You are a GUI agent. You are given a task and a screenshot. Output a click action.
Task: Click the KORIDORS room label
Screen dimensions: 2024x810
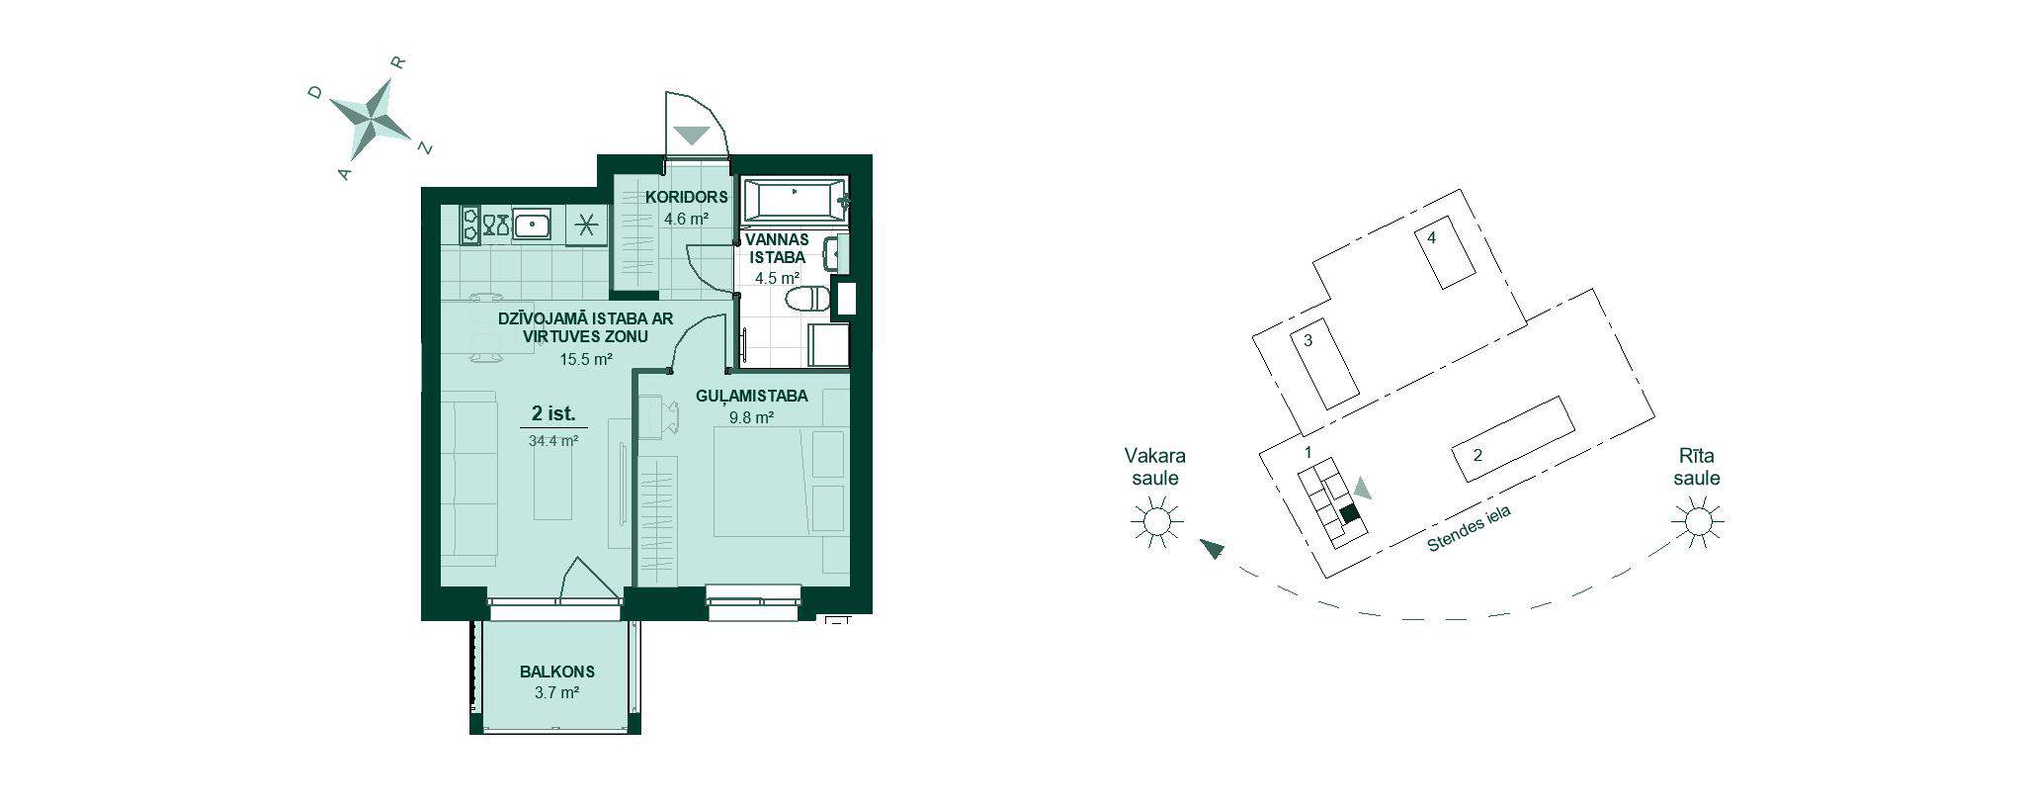click(687, 197)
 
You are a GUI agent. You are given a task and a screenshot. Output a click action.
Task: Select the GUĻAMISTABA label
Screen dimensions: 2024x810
click(752, 396)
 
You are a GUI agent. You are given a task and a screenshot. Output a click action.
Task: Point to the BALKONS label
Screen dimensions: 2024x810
click(557, 672)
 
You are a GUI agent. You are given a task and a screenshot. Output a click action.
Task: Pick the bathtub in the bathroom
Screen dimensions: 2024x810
click(795, 201)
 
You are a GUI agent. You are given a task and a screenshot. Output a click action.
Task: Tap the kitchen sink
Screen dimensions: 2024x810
click(533, 225)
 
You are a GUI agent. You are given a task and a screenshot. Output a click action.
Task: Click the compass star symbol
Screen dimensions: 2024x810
click(370, 117)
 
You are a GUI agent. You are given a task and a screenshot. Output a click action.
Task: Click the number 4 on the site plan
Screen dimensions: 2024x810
click(1431, 237)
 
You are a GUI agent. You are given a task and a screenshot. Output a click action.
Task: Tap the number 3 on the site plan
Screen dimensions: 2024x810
click(1307, 340)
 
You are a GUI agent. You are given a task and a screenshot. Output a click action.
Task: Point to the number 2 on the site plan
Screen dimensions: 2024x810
click(1477, 456)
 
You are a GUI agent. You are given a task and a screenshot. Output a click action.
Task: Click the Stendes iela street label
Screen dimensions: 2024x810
click(1470, 529)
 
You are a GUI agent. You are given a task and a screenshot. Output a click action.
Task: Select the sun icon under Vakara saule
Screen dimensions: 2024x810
click(1155, 521)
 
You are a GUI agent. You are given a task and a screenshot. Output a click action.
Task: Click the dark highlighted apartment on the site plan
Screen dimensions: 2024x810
click(1350, 514)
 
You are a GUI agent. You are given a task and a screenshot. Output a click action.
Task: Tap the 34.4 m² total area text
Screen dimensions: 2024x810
click(553, 441)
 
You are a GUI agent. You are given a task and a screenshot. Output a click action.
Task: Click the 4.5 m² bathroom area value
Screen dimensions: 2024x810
click(777, 278)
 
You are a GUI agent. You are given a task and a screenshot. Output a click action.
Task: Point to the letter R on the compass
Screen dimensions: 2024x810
click(399, 61)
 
